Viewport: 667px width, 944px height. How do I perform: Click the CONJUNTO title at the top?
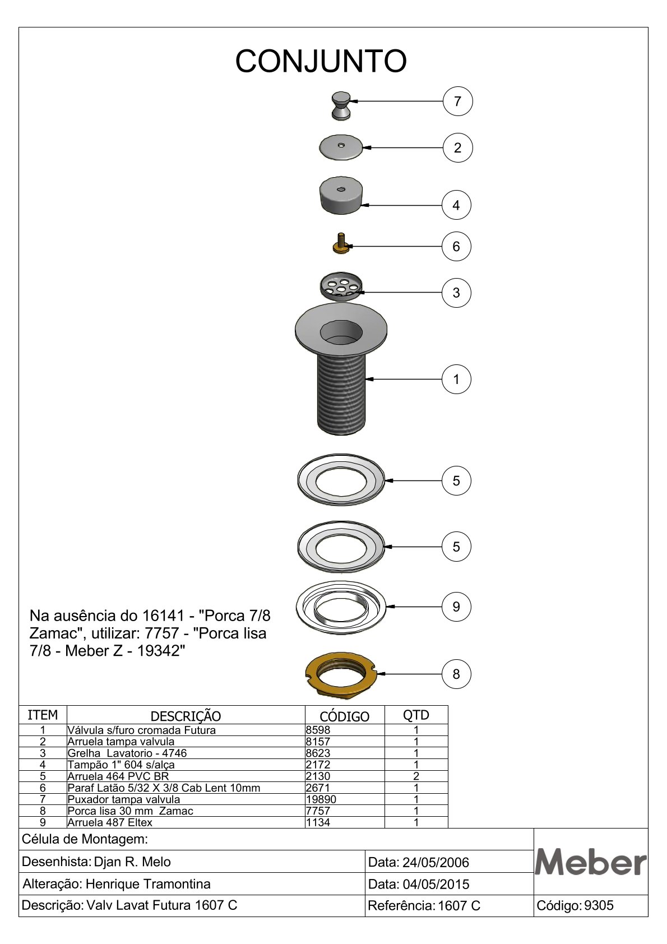[321, 61]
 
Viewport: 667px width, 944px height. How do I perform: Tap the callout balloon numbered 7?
[457, 101]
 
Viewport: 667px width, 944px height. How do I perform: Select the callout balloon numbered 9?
[456, 607]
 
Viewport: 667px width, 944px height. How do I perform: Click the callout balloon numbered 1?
[456, 380]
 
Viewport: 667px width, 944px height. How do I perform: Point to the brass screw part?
[341, 244]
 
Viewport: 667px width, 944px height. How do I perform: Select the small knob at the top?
[341, 106]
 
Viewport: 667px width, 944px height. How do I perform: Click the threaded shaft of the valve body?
[341, 394]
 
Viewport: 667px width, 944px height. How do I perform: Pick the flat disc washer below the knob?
[341, 147]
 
